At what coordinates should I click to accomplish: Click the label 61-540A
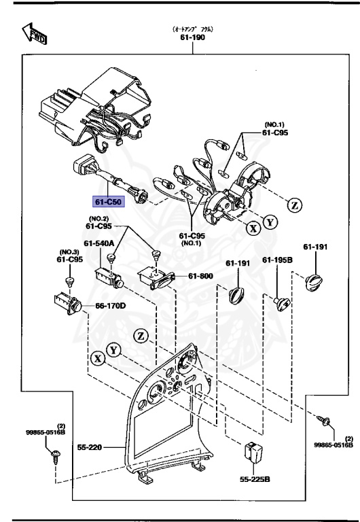pyautogui.click(x=99, y=242)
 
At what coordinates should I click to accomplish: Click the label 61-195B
pyautogui.click(x=278, y=262)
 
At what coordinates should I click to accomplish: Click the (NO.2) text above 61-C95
pyautogui.click(x=99, y=219)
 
